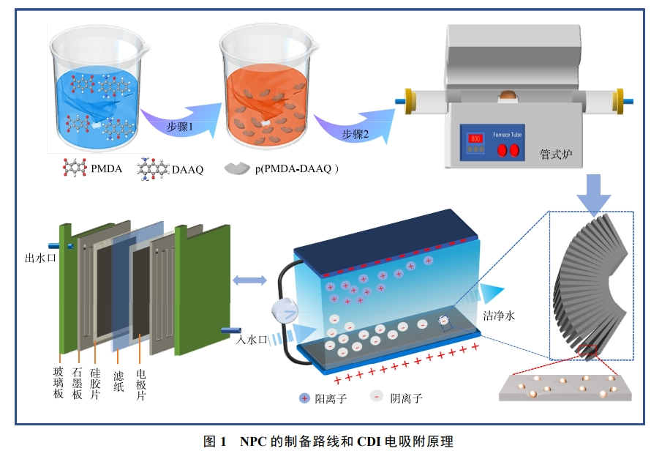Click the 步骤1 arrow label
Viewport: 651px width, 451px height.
[180, 126]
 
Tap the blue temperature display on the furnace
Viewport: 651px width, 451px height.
[474, 138]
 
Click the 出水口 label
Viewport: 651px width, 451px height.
[40, 258]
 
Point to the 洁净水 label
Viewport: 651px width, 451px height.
[500, 316]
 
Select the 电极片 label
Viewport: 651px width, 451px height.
[142, 384]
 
